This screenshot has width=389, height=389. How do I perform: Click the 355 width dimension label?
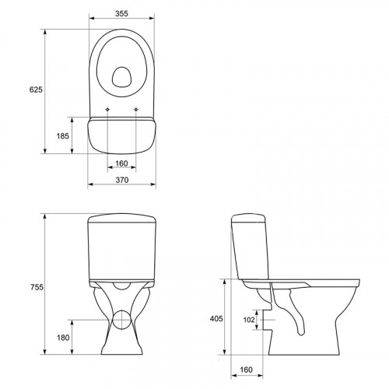pyautogui.click(x=121, y=13)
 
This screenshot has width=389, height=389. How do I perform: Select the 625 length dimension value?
pyautogui.click(x=36, y=89)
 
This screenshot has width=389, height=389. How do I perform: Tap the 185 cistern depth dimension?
pyautogui.click(x=63, y=136)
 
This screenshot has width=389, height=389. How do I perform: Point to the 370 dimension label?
pyautogui.click(x=122, y=180)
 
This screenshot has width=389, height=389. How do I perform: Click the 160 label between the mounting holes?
pyautogui.click(x=121, y=163)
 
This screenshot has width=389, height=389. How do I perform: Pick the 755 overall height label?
pyautogui.click(x=37, y=287)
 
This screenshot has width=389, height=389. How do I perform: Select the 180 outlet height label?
pyautogui.click(x=63, y=338)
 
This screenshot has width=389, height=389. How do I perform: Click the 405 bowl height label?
pyautogui.click(x=216, y=318)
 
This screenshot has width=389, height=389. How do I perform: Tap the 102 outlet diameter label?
pyautogui.click(x=249, y=320)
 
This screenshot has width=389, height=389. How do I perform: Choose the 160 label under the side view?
pyautogui.click(x=246, y=370)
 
